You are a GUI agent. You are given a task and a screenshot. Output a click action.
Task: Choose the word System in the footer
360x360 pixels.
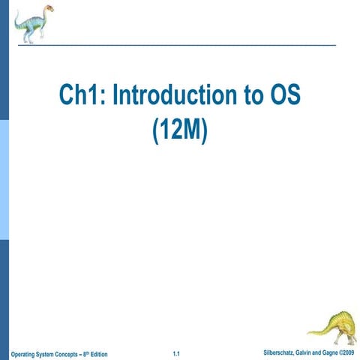[x=49, y=353]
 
